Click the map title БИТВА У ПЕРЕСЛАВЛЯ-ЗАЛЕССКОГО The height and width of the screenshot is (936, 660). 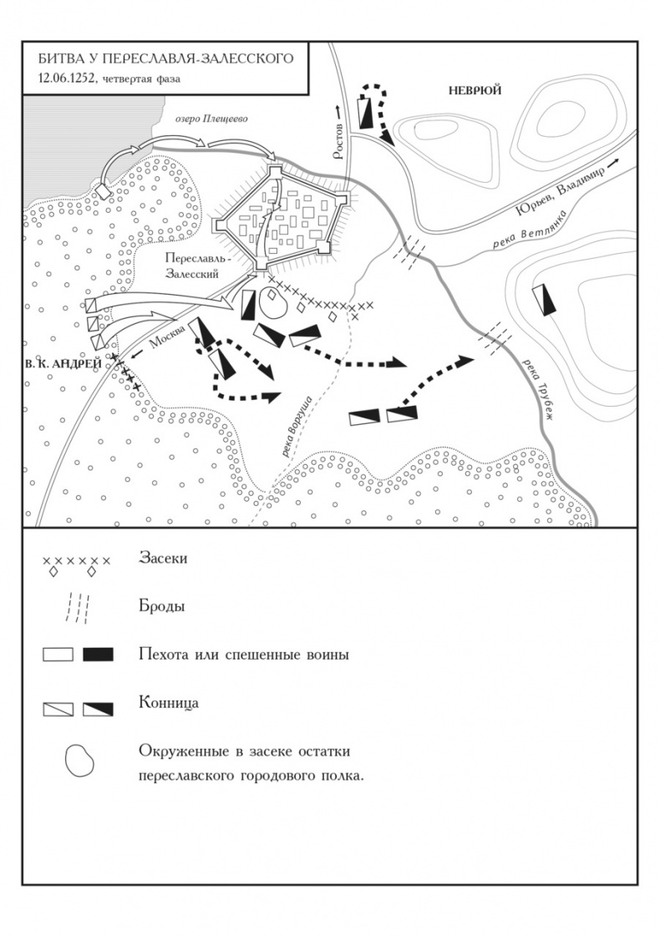point(164,58)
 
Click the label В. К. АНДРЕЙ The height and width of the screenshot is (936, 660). point(63,362)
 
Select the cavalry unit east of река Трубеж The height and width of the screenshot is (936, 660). point(546,299)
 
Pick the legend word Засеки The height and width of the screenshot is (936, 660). point(163,559)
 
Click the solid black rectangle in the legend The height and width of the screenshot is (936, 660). point(99,654)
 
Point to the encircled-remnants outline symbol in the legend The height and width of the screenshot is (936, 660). point(80,761)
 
